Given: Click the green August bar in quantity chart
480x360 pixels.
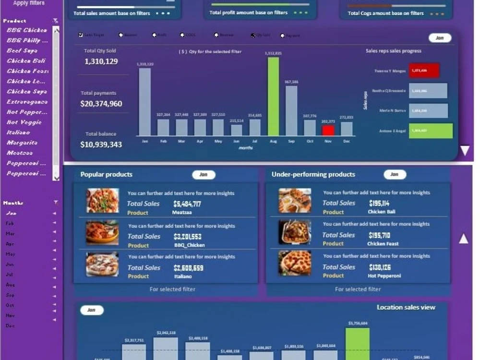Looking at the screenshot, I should (x=273, y=96).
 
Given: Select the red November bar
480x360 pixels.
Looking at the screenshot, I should (x=328, y=131).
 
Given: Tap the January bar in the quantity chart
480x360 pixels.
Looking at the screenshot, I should (x=145, y=102).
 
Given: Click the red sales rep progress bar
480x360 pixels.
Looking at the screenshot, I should (x=424, y=71).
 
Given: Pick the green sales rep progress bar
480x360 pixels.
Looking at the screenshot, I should (x=431, y=131).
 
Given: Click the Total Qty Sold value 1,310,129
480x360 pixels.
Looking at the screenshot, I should (x=101, y=61).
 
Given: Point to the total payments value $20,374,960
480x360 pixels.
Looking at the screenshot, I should (x=101, y=104).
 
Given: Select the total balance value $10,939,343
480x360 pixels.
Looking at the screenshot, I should (x=101, y=144).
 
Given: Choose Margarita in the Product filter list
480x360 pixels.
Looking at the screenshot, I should (x=22, y=143).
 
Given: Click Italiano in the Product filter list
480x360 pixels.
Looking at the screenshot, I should (x=18, y=132).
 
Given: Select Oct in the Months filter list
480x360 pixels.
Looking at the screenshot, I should (x=10, y=305).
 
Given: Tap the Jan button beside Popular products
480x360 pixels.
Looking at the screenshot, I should (x=204, y=175).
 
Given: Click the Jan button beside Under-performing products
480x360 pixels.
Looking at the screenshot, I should (x=395, y=175).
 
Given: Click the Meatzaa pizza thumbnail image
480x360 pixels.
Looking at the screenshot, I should (x=102, y=200).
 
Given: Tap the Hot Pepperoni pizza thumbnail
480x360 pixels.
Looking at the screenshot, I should (x=295, y=263).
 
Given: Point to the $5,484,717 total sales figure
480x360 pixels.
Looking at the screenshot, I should (x=187, y=204).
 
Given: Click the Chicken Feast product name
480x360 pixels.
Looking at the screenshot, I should (x=382, y=244).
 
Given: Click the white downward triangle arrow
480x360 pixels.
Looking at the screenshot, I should (x=465, y=151).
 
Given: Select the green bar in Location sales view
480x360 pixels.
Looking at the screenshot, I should (x=358, y=343).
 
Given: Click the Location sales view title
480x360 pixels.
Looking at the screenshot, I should (x=406, y=307).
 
